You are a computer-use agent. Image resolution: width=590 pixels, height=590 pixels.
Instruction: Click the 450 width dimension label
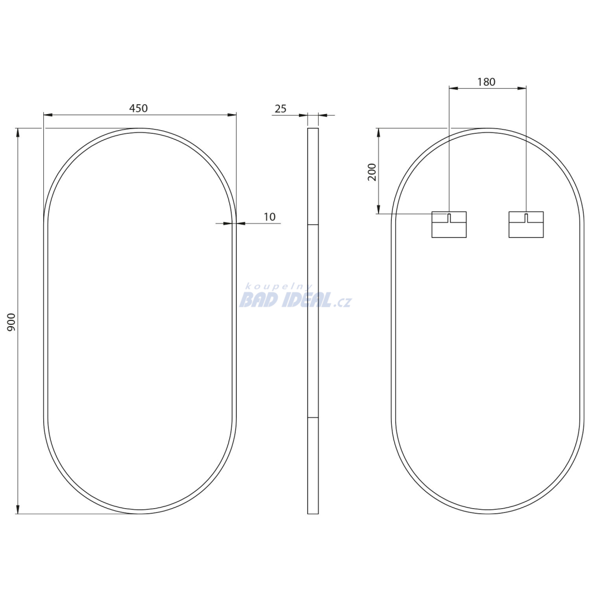(x=138, y=108)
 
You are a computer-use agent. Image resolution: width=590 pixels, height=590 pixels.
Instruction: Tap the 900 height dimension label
(x=12, y=322)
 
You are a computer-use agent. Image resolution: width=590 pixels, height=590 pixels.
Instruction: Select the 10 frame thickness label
(x=270, y=217)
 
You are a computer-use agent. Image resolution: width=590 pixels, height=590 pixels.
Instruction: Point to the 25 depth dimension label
(x=281, y=109)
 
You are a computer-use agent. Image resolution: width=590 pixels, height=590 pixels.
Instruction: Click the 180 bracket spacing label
(x=486, y=82)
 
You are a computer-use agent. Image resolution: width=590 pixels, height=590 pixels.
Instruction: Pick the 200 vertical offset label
(x=372, y=172)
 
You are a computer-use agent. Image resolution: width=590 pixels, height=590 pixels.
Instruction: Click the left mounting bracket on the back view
(x=449, y=225)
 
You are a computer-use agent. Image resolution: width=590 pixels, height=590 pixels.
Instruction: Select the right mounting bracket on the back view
(x=526, y=225)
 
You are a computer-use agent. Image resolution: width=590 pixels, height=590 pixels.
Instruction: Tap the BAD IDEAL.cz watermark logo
(x=295, y=300)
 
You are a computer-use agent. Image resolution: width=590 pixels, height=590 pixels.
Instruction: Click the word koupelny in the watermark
(x=278, y=287)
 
